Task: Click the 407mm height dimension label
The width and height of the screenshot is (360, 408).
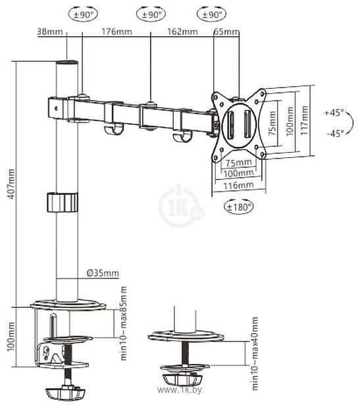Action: (x=11, y=184)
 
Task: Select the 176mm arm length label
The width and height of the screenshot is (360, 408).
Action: (x=116, y=32)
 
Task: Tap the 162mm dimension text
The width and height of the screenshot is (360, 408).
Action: (x=182, y=32)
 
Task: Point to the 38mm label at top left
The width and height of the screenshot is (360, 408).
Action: (x=50, y=32)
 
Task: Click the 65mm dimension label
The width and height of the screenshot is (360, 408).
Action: (x=226, y=32)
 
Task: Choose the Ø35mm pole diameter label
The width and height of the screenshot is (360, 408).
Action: (x=103, y=273)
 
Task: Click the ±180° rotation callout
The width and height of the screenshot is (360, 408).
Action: (x=239, y=207)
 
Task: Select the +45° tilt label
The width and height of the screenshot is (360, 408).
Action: (x=334, y=113)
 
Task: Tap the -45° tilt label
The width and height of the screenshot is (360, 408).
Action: (x=335, y=133)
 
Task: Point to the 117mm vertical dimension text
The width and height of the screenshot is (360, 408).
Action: (x=304, y=120)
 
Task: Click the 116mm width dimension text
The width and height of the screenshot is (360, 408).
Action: (x=238, y=186)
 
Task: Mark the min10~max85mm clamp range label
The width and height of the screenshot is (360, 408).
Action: (x=123, y=323)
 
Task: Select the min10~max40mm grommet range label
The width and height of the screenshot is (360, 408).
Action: (x=255, y=353)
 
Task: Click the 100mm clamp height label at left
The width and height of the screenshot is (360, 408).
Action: (x=11, y=337)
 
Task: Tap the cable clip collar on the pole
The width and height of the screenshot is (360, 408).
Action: (x=63, y=202)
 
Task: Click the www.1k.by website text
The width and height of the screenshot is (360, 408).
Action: (x=180, y=390)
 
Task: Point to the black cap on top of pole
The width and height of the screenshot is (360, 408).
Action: (x=67, y=63)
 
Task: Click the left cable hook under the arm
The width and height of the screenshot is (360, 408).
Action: (x=113, y=130)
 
